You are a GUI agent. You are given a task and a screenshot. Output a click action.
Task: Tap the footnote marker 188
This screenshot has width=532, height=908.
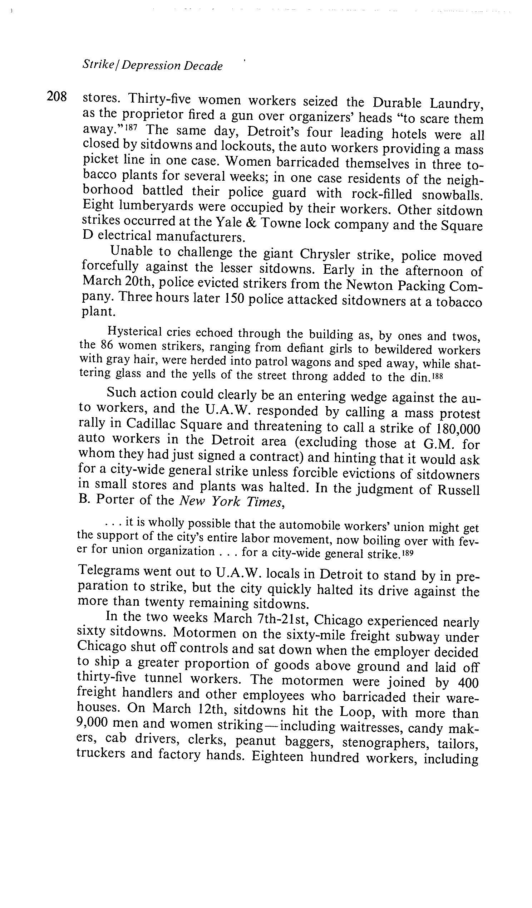[436, 376]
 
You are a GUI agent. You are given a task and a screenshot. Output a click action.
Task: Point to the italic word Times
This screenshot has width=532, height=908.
[265, 502]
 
